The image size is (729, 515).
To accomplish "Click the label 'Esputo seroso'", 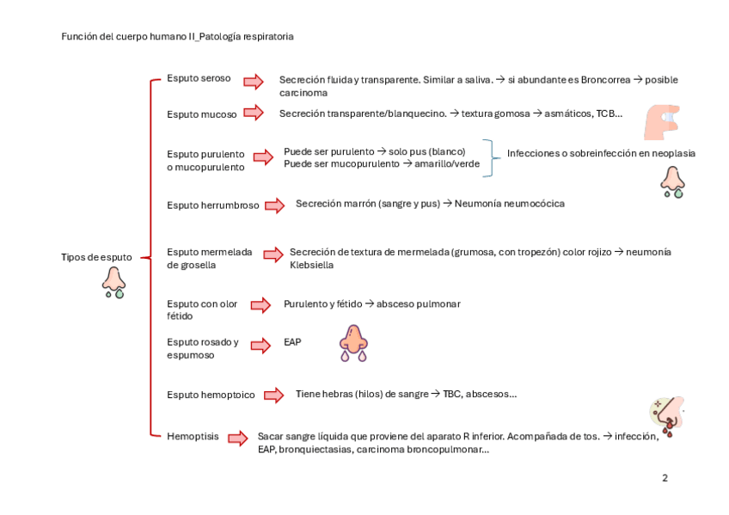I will pos(199,78).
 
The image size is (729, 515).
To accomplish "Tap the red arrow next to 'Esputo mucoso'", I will pos(253,113).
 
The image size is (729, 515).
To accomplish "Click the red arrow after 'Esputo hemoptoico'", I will pos(273,395).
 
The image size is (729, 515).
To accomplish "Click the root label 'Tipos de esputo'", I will pos(96,257).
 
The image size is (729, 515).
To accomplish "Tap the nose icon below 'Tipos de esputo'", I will pos(114,282).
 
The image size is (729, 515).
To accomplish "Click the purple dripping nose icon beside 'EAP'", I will pos(353,342).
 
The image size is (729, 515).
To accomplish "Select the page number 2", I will pos(665,478).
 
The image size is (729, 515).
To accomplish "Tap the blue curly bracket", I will pos(491,158).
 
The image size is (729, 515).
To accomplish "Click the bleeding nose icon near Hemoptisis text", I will pos(666,417).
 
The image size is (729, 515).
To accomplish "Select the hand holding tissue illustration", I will pos(661,121).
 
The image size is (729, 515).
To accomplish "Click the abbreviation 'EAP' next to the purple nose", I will pos(292,342).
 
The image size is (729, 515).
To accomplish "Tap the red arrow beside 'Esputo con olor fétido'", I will pos(260,304).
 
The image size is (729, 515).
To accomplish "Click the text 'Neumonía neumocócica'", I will pos(509,204).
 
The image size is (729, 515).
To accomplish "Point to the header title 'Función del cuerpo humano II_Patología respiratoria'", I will pos(178,37).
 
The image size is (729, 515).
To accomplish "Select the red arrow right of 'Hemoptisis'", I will pos(237,438).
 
